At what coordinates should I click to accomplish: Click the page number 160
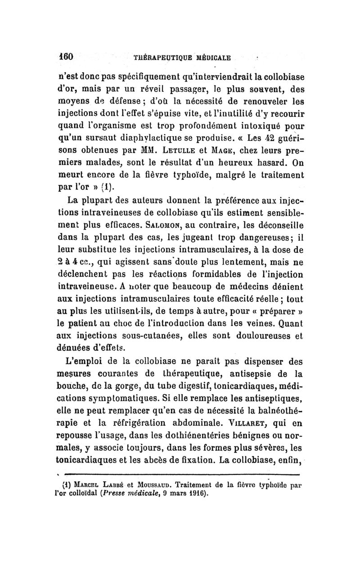(x=66, y=57)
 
